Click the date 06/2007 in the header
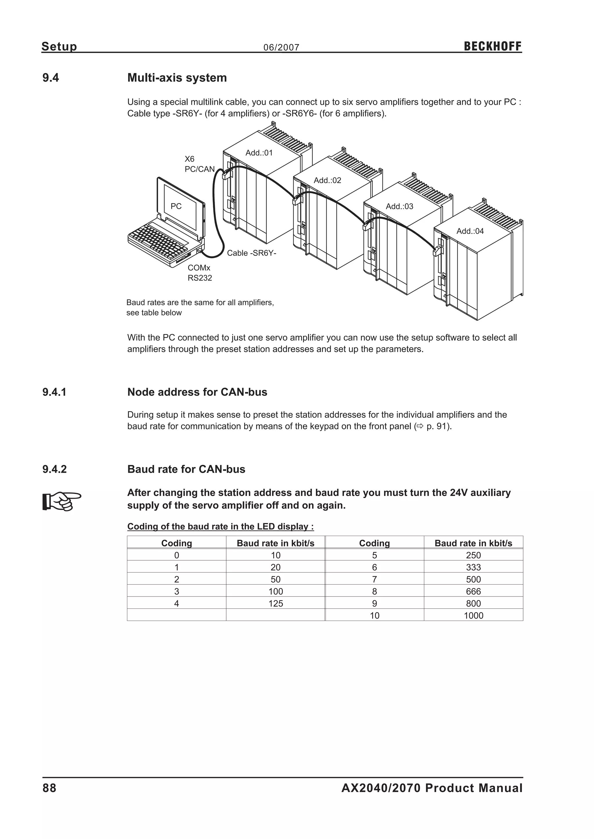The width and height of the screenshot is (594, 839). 281,48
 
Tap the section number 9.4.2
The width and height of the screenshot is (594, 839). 55,469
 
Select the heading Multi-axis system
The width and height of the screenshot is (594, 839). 177,78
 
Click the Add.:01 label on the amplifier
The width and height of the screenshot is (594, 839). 259,153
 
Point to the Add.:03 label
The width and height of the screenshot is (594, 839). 399,207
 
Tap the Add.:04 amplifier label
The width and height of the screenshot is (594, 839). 470,231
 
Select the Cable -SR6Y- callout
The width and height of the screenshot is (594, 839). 252,253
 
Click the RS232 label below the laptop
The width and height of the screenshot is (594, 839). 200,278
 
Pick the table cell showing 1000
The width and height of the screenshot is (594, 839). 473,615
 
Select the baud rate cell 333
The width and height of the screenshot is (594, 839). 473,567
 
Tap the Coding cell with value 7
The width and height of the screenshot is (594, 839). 374,579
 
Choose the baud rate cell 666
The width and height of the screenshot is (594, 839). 473,591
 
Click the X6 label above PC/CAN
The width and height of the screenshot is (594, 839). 189,159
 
